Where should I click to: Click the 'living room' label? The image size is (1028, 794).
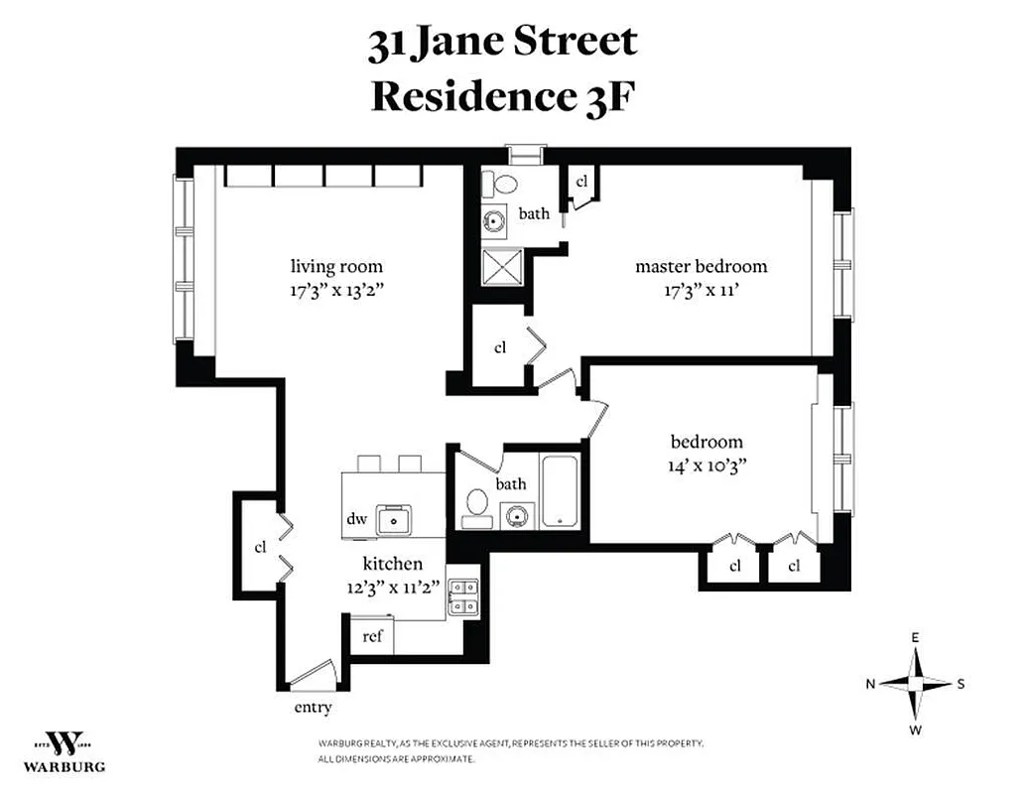(x=336, y=266)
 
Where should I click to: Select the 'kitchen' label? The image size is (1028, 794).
(x=391, y=563)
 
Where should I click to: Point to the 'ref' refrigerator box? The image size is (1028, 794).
(x=372, y=636)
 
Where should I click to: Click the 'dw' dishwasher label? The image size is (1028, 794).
(x=357, y=518)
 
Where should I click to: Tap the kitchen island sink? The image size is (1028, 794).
(x=398, y=518)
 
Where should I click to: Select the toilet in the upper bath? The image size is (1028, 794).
(x=503, y=185)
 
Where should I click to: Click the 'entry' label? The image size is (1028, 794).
(x=313, y=708)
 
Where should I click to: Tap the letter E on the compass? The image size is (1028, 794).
(x=916, y=637)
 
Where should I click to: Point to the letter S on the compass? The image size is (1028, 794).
(x=961, y=684)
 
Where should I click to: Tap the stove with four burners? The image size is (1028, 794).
(x=462, y=595)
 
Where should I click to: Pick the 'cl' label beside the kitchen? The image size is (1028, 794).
(x=261, y=547)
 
